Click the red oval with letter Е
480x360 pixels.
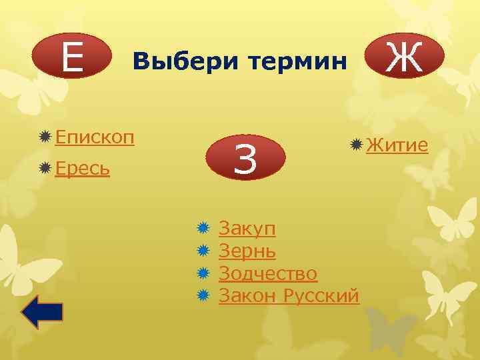[x=71, y=56]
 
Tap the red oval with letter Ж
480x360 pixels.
[x=405, y=57]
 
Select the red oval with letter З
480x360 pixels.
[x=245, y=159]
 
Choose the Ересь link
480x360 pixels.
[x=83, y=169]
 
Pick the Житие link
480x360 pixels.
[x=397, y=144]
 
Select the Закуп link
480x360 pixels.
[x=247, y=229]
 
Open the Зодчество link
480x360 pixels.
[x=268, y=273]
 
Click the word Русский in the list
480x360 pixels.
[x=321, y=295]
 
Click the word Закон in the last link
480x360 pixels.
[x=247, y=295]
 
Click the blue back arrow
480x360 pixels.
[x=42, y=312]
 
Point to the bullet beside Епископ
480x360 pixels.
[x=45, y=137]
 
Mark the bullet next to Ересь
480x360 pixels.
[x=45, y=169]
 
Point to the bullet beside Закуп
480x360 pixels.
[x=204, y=229]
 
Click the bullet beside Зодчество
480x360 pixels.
[x=204, y=273]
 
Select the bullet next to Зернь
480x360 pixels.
[x=204, y=251]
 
